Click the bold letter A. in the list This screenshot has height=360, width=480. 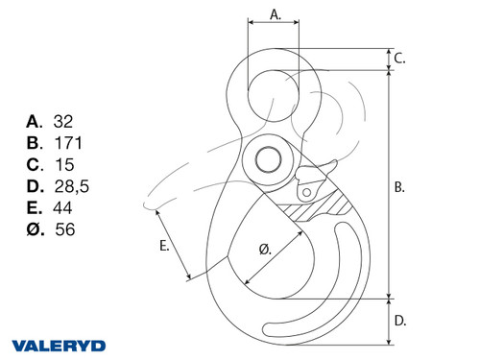(x=36, y=122)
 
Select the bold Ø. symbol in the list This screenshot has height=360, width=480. (x=36, y=229)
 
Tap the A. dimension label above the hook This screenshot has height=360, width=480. (x=275, y=14)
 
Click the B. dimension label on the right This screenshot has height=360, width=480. (x=400, y=188)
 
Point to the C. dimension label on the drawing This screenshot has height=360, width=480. (x=400, y=59)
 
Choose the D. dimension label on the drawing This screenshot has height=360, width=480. (x=400, y=321)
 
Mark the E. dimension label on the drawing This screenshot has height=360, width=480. (x=164, y=247)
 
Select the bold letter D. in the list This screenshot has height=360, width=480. (x=36, y=186)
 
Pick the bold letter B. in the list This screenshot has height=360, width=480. (x=36, y=143)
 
